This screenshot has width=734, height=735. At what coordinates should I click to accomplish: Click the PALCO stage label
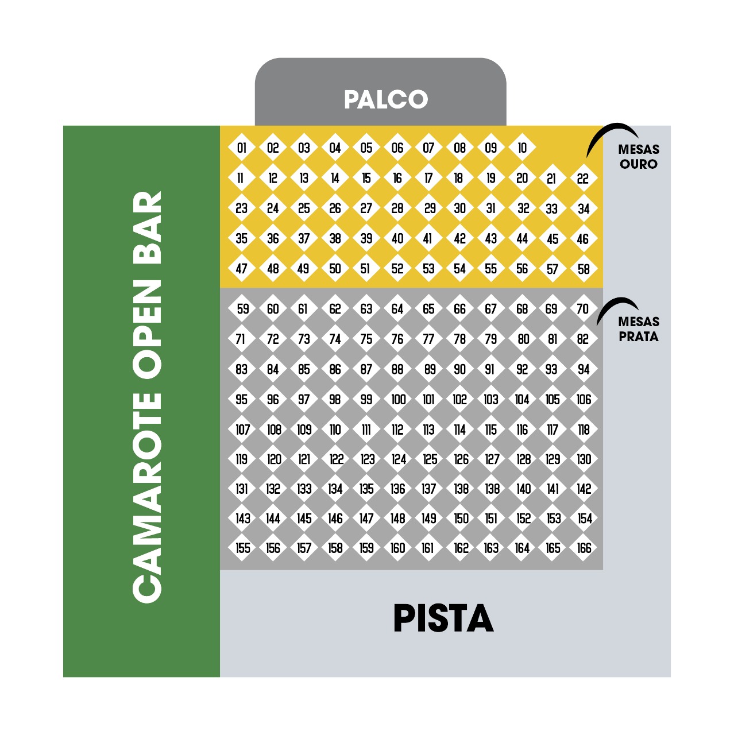(386, 99)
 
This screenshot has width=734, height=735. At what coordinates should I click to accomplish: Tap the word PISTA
(443, 618)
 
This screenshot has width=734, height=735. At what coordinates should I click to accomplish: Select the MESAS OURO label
(639, 157)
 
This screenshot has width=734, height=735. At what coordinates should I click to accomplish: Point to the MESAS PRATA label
(639, 329)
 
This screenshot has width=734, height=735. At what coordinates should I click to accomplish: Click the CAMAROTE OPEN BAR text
(147, 397)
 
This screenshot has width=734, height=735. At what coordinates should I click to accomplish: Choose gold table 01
(241, 148)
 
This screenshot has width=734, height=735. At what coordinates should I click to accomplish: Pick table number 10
(522, 148)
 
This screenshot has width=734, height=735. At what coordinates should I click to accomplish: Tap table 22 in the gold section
(584, 179)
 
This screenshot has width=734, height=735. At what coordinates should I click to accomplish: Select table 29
(429, 208)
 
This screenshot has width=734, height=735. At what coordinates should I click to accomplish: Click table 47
(241, 269)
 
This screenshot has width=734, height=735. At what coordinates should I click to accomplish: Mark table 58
(584, 269)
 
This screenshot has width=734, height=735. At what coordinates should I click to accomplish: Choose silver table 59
(242, 308)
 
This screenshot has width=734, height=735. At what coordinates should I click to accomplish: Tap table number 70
(584, 308)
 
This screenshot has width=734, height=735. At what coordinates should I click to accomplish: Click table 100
(398, 399)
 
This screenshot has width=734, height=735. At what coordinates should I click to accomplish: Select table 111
(366, 430)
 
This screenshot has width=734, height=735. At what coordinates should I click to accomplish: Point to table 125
(429, 459)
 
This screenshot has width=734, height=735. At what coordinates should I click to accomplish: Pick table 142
(584, 489)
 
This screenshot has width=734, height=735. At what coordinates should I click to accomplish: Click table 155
(242, 548)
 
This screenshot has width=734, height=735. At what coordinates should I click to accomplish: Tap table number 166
(584, 548)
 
